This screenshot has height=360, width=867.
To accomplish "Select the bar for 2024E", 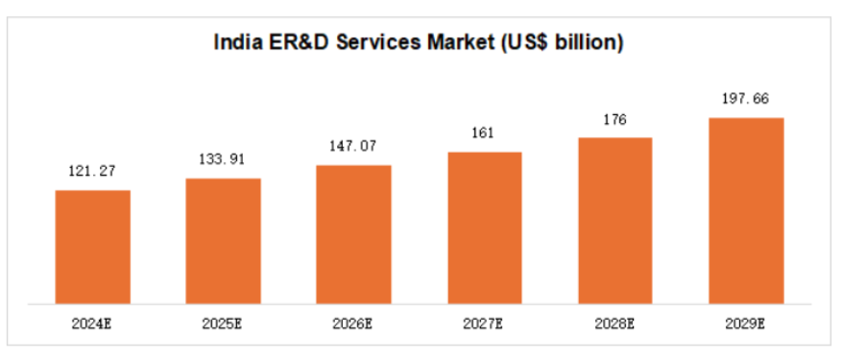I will (x=92, y=245).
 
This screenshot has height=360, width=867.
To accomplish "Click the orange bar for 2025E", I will (x=223, y=239).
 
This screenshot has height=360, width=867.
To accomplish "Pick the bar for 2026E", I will (x=353, y=232).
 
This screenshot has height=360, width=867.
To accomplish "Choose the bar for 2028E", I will (x=615, y=219).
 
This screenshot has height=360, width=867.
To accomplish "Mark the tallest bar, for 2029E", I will (x=746, y=208).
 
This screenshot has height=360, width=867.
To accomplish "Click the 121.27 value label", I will (x=92, y=172).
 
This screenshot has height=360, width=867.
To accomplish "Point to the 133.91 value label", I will (x=223, y=159).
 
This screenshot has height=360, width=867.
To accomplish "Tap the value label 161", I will (x=485, y=133).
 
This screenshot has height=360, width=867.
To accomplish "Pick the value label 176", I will (x=615, y=119).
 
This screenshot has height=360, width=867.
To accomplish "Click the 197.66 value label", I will (x=746, y=98).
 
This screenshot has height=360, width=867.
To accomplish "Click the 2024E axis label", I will (x=92, y=324).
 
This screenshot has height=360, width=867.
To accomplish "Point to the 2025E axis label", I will (x=223, y=324).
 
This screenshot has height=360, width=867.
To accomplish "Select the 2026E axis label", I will (x=354, y=324).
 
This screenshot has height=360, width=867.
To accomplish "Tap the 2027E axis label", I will (x=485, y=324).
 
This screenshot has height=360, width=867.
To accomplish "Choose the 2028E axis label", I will (x=615, y=324).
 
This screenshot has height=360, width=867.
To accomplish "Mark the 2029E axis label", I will (x=746, y=324).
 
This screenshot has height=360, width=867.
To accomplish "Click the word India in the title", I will (x=235, y=42).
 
